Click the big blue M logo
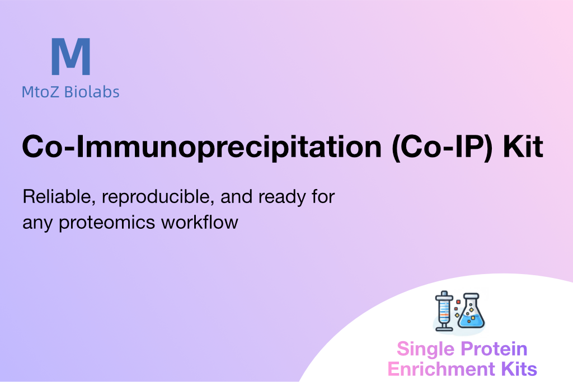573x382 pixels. click(71, 56)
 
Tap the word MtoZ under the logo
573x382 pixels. click(40, 92)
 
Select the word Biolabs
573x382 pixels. click(92, 92)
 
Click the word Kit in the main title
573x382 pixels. click(523, 147)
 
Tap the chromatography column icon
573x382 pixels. click(444, 311)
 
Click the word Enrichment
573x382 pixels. click(441, 369)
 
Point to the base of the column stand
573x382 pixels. click(444, 329)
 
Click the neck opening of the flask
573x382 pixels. click(471, 295)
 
